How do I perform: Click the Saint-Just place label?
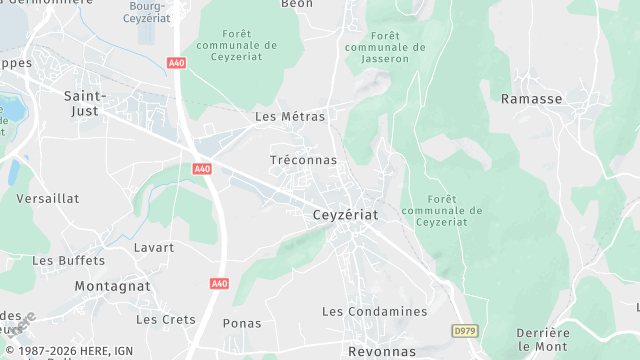[x=86, y=103]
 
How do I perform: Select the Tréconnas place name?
[x=304, y=160]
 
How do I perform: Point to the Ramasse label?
[x=532, y=99]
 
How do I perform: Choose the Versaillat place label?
[x=48, y=199]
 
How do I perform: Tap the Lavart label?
[x=153, y=247]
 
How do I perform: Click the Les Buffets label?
[x=68, y=261]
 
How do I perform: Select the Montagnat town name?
[x=113, y=286]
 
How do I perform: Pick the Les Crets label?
[x=166, y=320]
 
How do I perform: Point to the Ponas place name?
[x=242, y=323]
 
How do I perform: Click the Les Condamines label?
[x=374, y=312]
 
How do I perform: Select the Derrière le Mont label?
[x=543, y=339]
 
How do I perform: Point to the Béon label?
[x=297, y=4]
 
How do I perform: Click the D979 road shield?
[x=464, y=330]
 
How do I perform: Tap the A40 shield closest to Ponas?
[x=220, y=284]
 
